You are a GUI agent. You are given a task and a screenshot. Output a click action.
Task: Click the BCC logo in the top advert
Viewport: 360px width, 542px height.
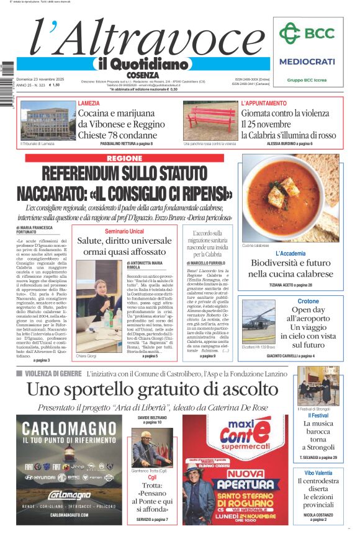click(307, 33)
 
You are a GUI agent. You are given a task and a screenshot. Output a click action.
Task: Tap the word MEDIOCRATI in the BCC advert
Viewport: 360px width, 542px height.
click(307, 61)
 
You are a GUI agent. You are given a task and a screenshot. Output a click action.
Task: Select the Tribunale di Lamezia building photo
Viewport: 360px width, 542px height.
click(48, 120)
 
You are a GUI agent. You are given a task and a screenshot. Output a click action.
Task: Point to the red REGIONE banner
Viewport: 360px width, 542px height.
click(124, 158)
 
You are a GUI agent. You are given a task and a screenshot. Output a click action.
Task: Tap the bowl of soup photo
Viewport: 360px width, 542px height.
click(290, 198)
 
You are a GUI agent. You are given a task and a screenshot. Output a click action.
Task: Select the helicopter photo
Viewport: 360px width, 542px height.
click(258, 321)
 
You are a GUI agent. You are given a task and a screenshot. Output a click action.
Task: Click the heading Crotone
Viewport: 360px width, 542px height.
click(308, 301)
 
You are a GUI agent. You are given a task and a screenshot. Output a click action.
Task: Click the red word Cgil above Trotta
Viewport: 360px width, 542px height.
click(152, 478)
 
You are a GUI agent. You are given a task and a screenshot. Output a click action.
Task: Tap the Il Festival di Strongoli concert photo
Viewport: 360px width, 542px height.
click(317, 386)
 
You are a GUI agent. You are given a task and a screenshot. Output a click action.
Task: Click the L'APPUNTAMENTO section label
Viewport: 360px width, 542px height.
click(264, 103)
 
